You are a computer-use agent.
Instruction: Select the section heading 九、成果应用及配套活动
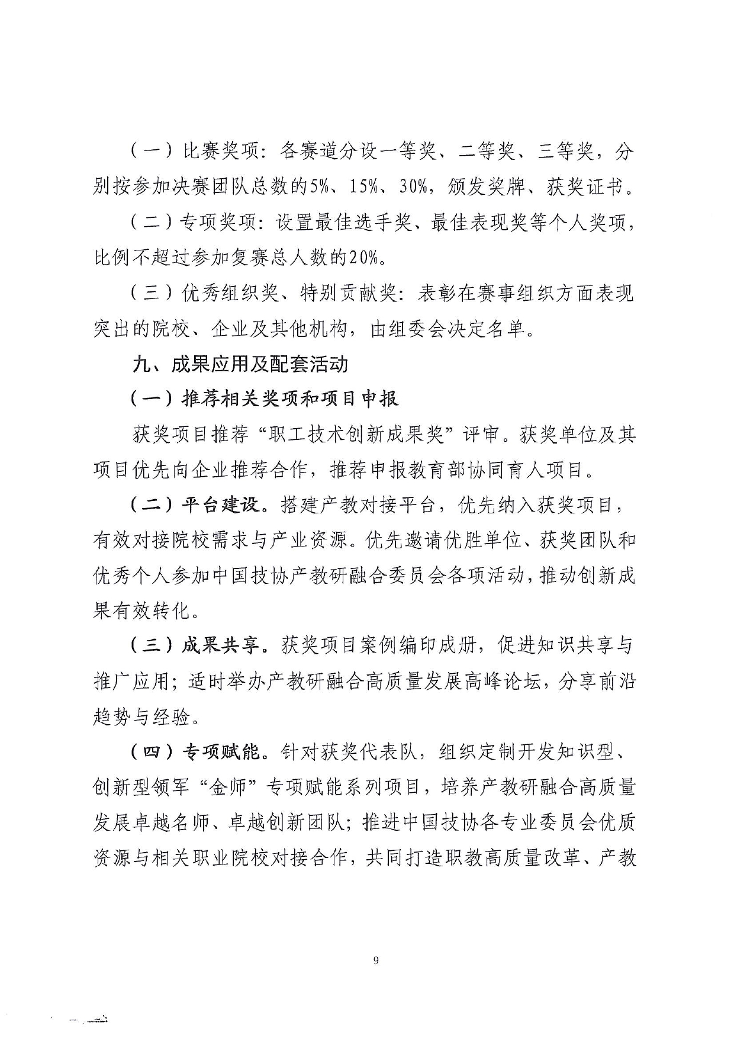tap(240, 364)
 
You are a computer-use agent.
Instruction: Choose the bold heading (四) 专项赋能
tap(195, 752)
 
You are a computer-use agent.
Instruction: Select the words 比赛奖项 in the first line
tap(220, 152)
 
